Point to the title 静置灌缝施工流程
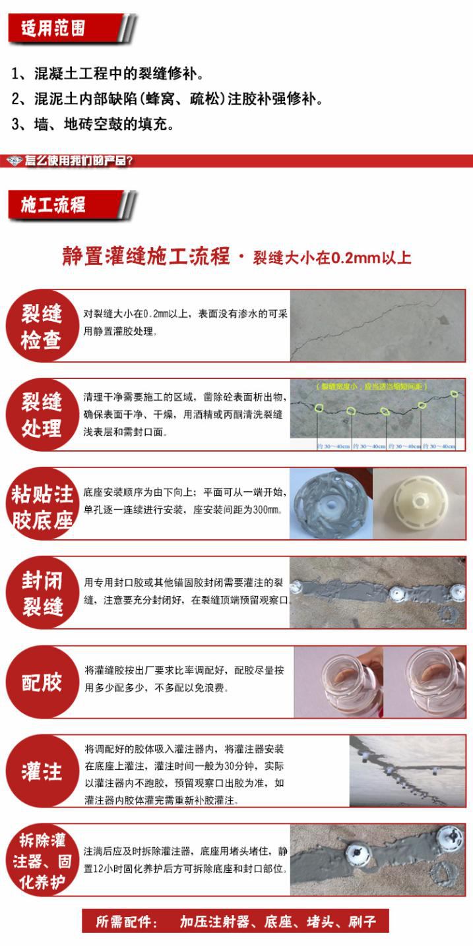(146, 256)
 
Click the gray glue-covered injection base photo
(330, 504)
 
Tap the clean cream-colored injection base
(420, 503)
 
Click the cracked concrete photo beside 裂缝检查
(378, 326)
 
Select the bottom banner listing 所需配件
(236, 922)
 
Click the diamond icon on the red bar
(15, 160)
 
